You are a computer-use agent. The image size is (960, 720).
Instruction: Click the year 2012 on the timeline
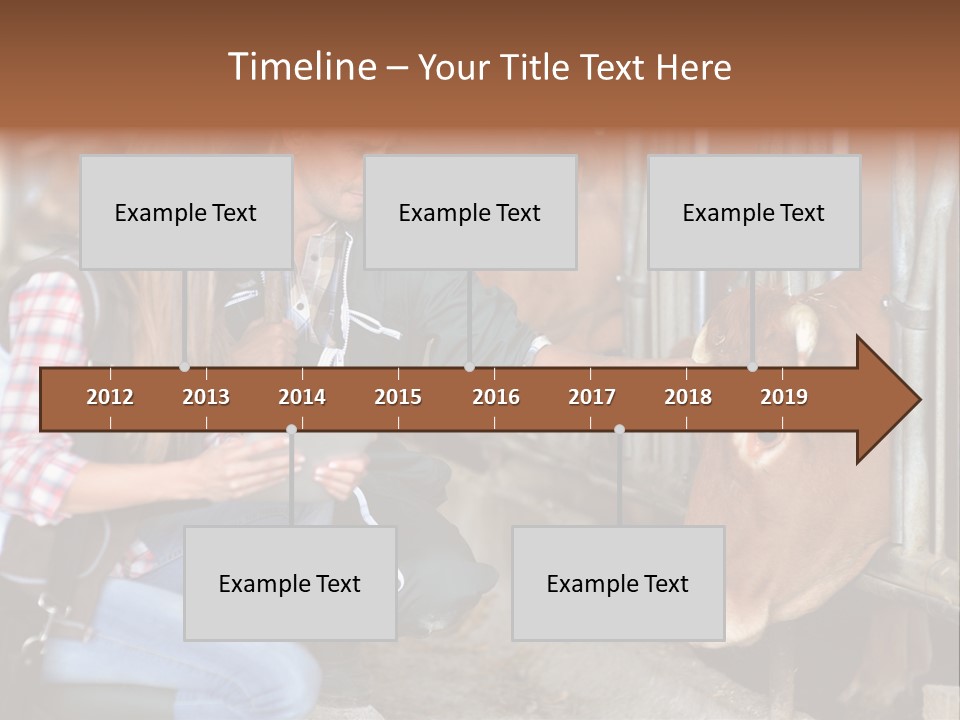point(110,397)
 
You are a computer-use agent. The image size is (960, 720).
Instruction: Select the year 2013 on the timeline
point(206,397)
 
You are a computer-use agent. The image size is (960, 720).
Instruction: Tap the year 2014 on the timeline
point(302,397)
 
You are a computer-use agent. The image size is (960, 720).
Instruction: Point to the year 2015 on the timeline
point(398,397)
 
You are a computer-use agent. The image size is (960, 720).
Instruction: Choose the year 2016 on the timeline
point(496,397)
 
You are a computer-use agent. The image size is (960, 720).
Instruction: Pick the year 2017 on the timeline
point(592,397)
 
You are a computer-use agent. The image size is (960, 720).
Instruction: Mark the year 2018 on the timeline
point(688,397)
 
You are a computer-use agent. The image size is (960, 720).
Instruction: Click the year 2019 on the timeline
point(784,397)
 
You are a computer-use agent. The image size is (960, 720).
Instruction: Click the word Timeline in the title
point(301,67)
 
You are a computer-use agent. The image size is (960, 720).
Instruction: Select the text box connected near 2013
point(186,212)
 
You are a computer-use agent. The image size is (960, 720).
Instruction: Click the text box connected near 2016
point(470,212)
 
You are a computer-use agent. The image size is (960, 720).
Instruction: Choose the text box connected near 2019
point(754,212)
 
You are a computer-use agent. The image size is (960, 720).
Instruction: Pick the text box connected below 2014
point(290,583)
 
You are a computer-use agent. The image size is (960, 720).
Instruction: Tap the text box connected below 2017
point(618,583)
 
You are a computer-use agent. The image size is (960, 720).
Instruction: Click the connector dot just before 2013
point(185,367)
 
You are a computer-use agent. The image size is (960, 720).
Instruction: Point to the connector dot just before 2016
point(469,367)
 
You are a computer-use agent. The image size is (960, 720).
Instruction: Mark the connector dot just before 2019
point(752,367)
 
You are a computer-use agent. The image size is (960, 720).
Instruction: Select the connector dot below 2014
point(291,429)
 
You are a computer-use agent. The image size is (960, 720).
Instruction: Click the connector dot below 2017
point(619,429)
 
